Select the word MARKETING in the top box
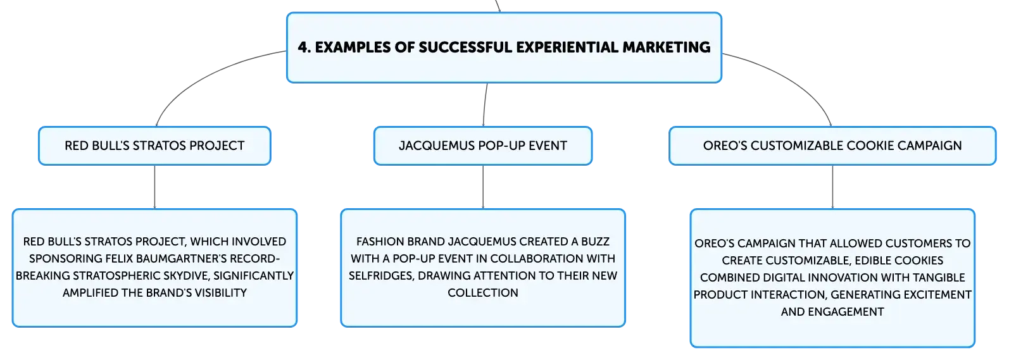[x=666, y=47]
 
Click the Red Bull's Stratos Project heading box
[x=154, y=146]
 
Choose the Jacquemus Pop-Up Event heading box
[x=483, y=146]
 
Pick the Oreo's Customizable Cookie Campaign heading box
[x=832, y=146]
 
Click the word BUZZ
[x=595, y=242]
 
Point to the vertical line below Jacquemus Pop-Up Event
[x=483, y=187]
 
